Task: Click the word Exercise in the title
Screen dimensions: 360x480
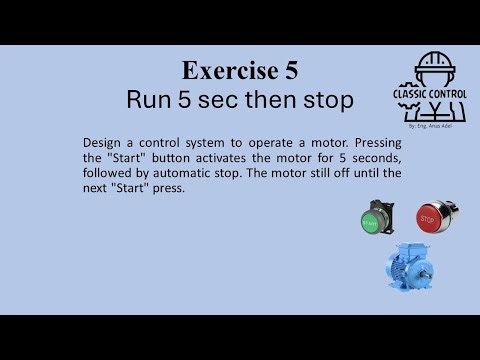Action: [221, 70]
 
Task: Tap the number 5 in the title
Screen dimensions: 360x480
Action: [290, 70]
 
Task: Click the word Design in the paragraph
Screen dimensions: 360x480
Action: [103, 143]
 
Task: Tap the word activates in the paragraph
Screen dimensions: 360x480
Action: [222, 158]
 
